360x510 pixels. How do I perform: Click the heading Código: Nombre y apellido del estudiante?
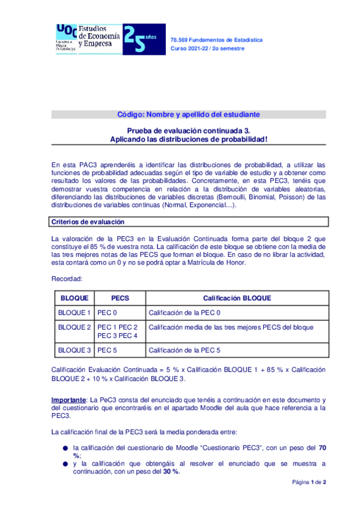point(188,115)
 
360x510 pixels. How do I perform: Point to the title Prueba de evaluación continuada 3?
point(188,130)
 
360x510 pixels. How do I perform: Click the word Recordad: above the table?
point(66,279)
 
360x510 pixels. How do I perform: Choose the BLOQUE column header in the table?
point(75,298)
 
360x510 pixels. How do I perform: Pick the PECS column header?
point(120,298)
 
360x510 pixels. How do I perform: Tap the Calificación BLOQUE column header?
point(237,298)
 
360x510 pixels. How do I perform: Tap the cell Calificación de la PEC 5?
point(185,350)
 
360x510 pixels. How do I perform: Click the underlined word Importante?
point(69,400)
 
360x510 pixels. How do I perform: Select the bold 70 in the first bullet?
point(322,448)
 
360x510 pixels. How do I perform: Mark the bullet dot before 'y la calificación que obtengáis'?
point(64,464)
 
